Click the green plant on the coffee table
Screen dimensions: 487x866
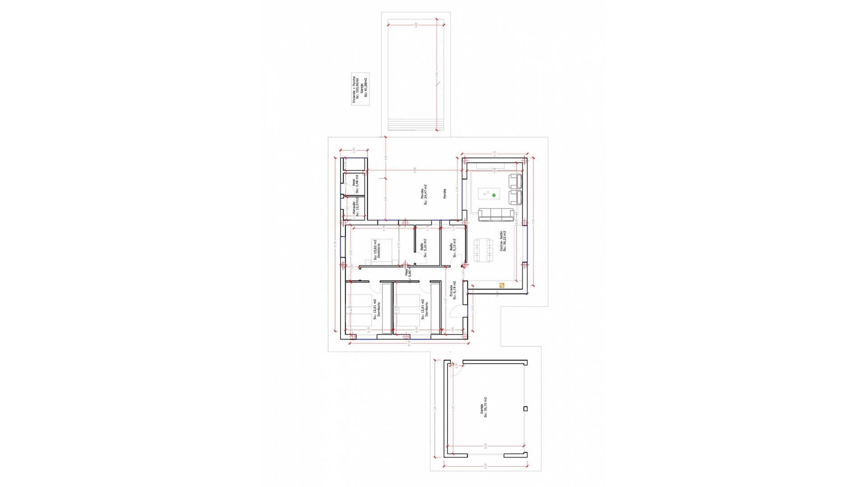pyautogui.click(x=494, y=195)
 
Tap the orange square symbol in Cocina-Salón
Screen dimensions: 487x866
pyautogui.click(x=502, y=285)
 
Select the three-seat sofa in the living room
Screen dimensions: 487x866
pyautogui.click(x=496, y=215)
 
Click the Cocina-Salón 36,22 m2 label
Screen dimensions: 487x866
pyautogui.click(x=503, y=241)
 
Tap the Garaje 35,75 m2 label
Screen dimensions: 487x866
pyautogui.click(x=484, y=408)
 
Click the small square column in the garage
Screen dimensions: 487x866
pyautogui.click(x=525, y=409)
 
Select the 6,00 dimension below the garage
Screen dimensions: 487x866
pyautogui.click(x=485, y=466)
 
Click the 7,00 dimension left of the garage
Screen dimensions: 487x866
pyautogui.click(x=435, y=408)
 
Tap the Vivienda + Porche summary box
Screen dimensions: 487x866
pyautogui.click(x=360, y=89)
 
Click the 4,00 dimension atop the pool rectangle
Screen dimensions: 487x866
pyautogui.click(x=416, y=24)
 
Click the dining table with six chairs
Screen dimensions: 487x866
pyautogui.click(x=483, y=251)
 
